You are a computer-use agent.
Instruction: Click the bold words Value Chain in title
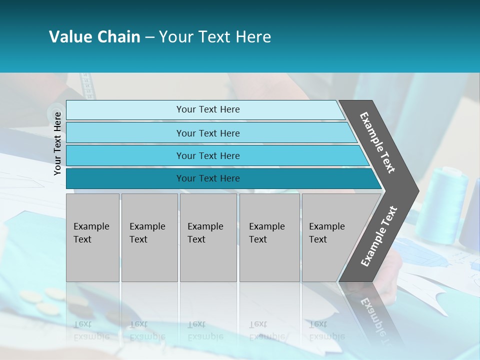pyautogui.click(x=94, y=37)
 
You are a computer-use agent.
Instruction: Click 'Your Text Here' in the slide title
pyautogui.click(x=215, y=37)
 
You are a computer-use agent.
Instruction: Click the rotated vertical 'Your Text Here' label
pyautogui.click(x=57, y=143)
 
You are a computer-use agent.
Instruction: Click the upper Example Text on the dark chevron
pyautogui.click(x=377, y=142)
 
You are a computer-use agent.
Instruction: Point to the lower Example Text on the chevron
pyautogui.click(x=378, y=236)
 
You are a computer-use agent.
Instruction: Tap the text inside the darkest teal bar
pyautogui.click(x=208, y=178)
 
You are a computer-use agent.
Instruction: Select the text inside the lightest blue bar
pyautogui.click(x=208, y=109)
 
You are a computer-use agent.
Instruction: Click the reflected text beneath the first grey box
pyautogui.click(x=91, y=330)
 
